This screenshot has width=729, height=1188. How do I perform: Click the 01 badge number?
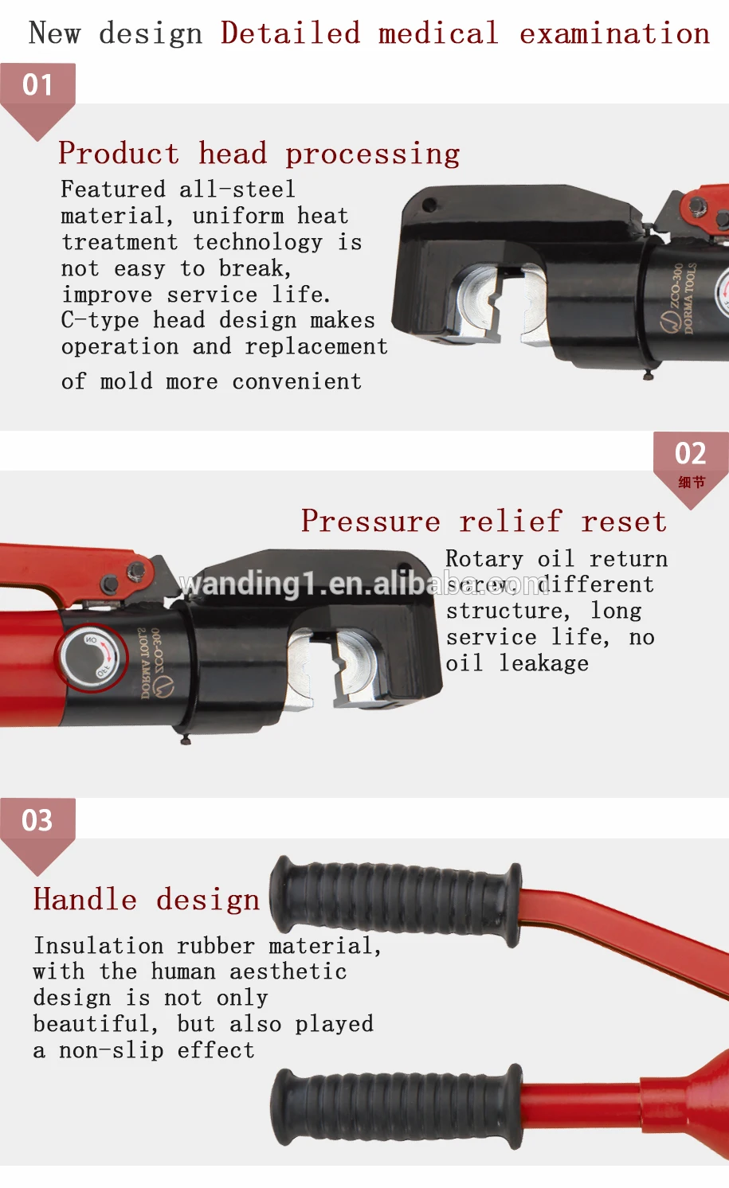37,84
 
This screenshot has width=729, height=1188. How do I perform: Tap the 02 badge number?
690,454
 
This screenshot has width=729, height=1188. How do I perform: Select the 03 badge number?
37,820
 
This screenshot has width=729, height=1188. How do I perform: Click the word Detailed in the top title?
290,33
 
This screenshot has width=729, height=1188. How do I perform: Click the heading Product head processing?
259,153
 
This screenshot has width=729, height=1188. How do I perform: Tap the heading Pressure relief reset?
484,521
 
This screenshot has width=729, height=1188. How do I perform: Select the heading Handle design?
147,899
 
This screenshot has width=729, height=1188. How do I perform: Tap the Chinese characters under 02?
691,482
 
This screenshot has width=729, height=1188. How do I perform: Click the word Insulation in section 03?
98,945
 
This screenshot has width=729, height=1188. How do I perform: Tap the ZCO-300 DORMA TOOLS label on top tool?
681,299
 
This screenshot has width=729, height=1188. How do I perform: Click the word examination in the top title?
613,33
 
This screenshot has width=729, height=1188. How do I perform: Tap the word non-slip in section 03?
112,1050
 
